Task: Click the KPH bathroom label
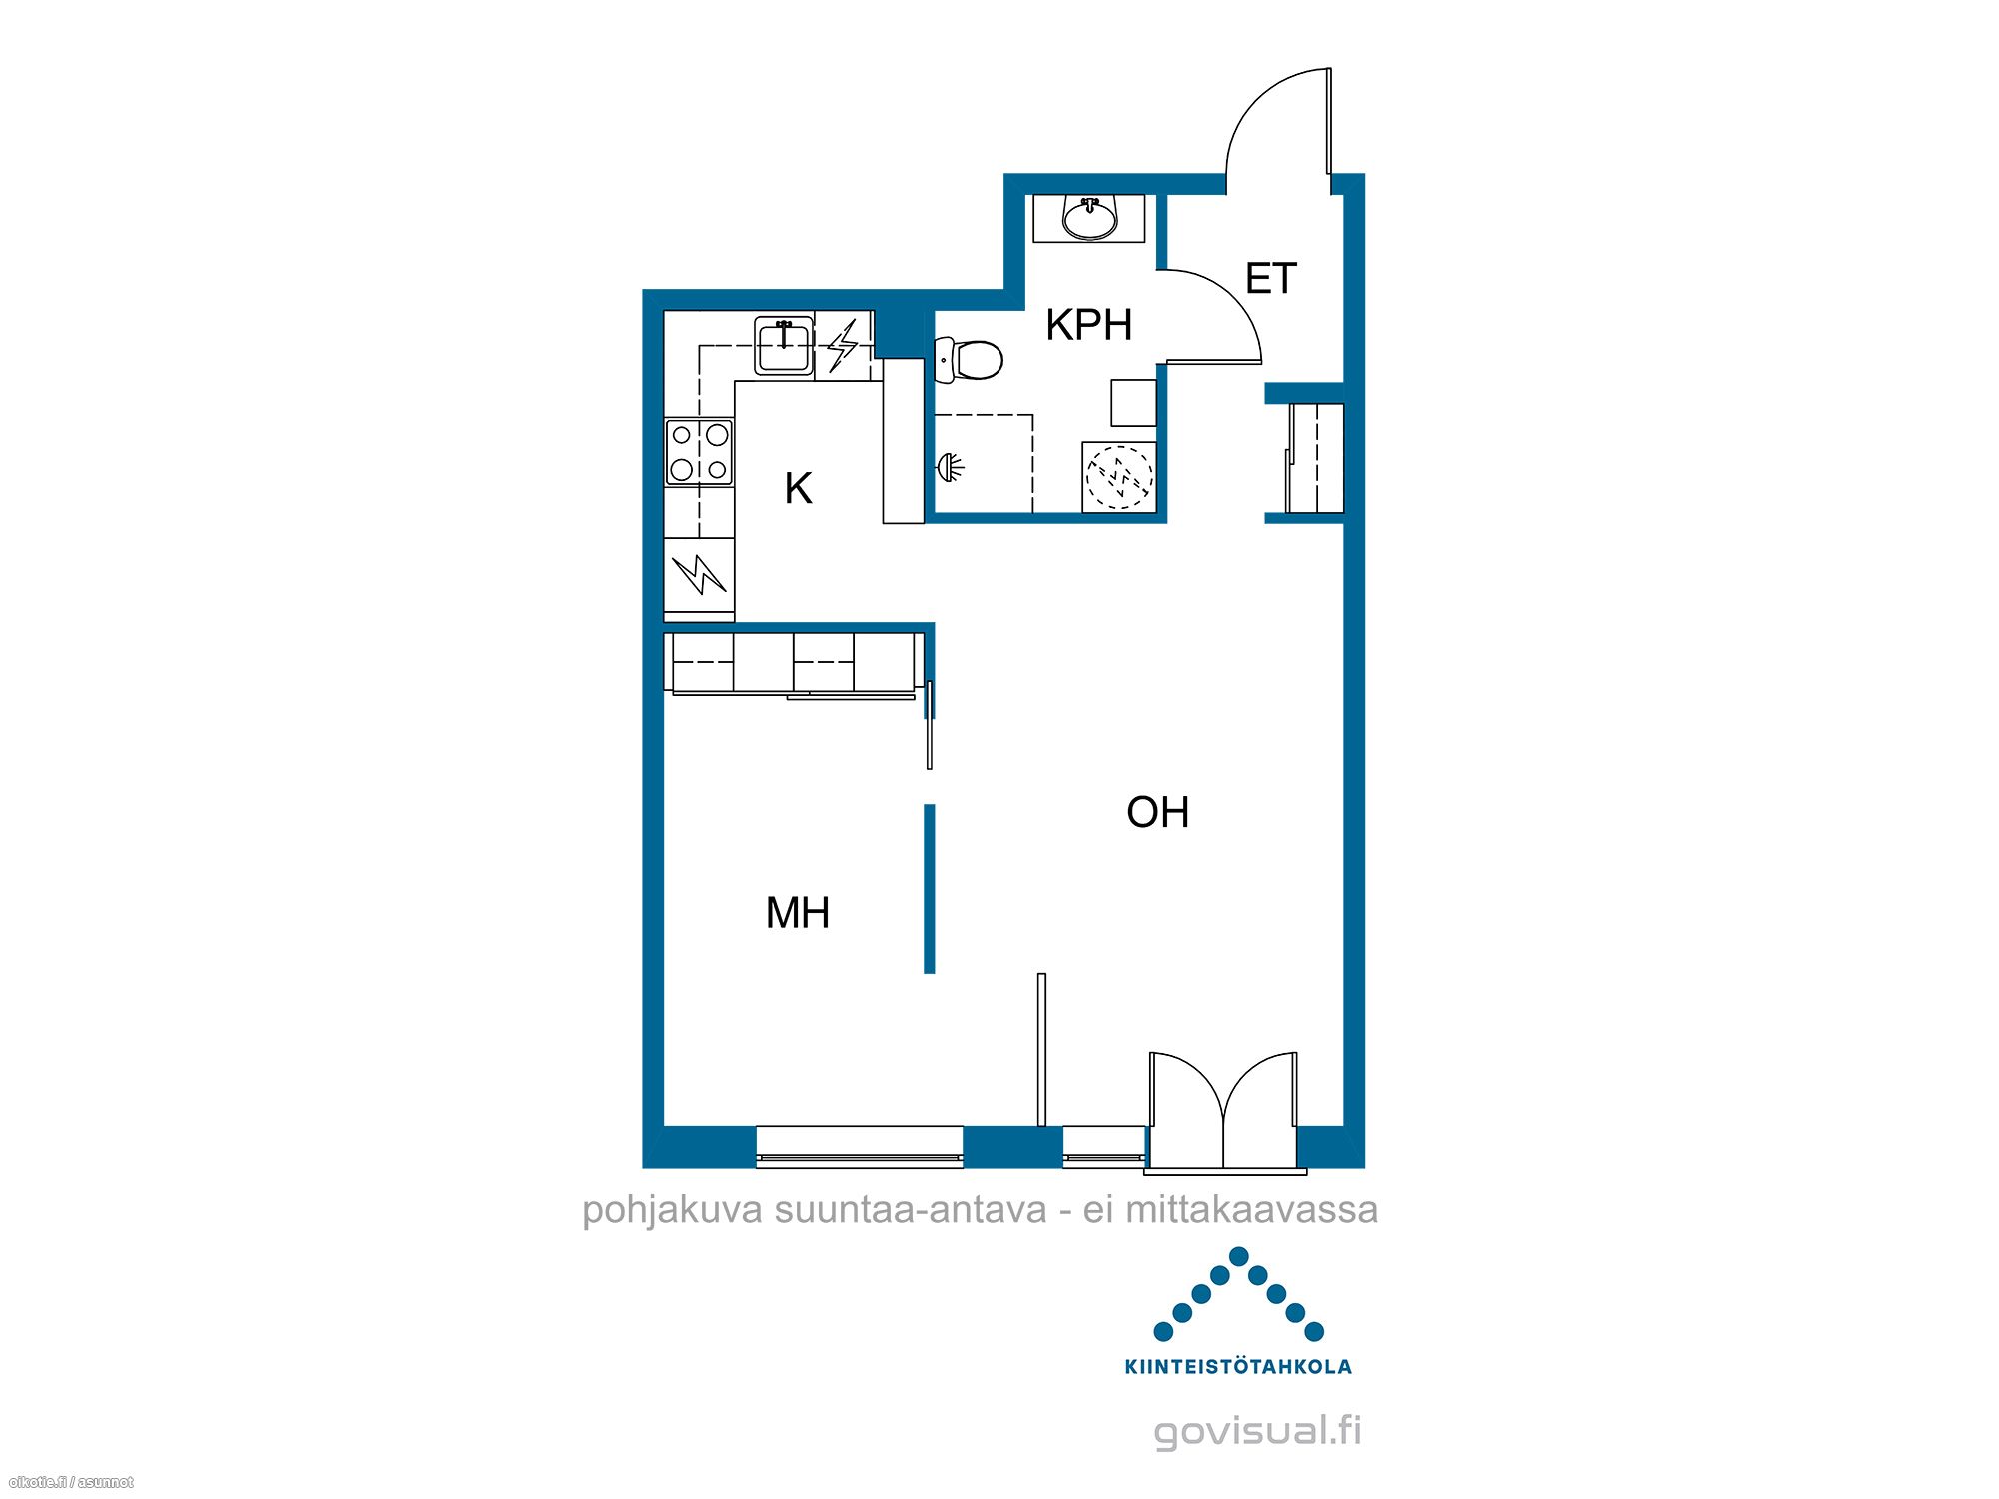tap(1088, 325)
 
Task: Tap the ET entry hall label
tap(1270, 278)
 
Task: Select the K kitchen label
tap(798, 489)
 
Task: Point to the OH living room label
tap(1157, 812)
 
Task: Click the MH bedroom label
tap(797, 913)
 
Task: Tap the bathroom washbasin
tap(1089, 218)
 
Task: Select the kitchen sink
tap(784, 346)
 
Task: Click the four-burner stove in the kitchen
tap(699, 452)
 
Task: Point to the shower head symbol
tap(950, 465)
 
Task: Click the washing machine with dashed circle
tap(1119, 478)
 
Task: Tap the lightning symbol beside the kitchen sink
tap(843, 345)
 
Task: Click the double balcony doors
tap(1224, 1109)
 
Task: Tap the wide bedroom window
tap(860, 1145)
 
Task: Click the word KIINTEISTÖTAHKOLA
tap(1238, 1367)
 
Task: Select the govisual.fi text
tap(1257, 1430)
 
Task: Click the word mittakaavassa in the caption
tap(1252, 1210)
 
